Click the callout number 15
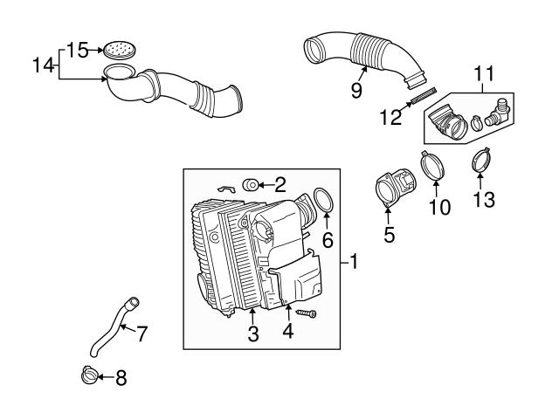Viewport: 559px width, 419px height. (x=79, y=50)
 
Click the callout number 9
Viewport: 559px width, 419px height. (x=356, y=90)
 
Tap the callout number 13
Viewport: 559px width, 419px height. (x=483, y=199)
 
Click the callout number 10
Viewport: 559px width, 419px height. (x=438, y=207)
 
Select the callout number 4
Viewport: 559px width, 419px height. (x=287, y=331)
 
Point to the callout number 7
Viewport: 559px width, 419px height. (x=141, y=332)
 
